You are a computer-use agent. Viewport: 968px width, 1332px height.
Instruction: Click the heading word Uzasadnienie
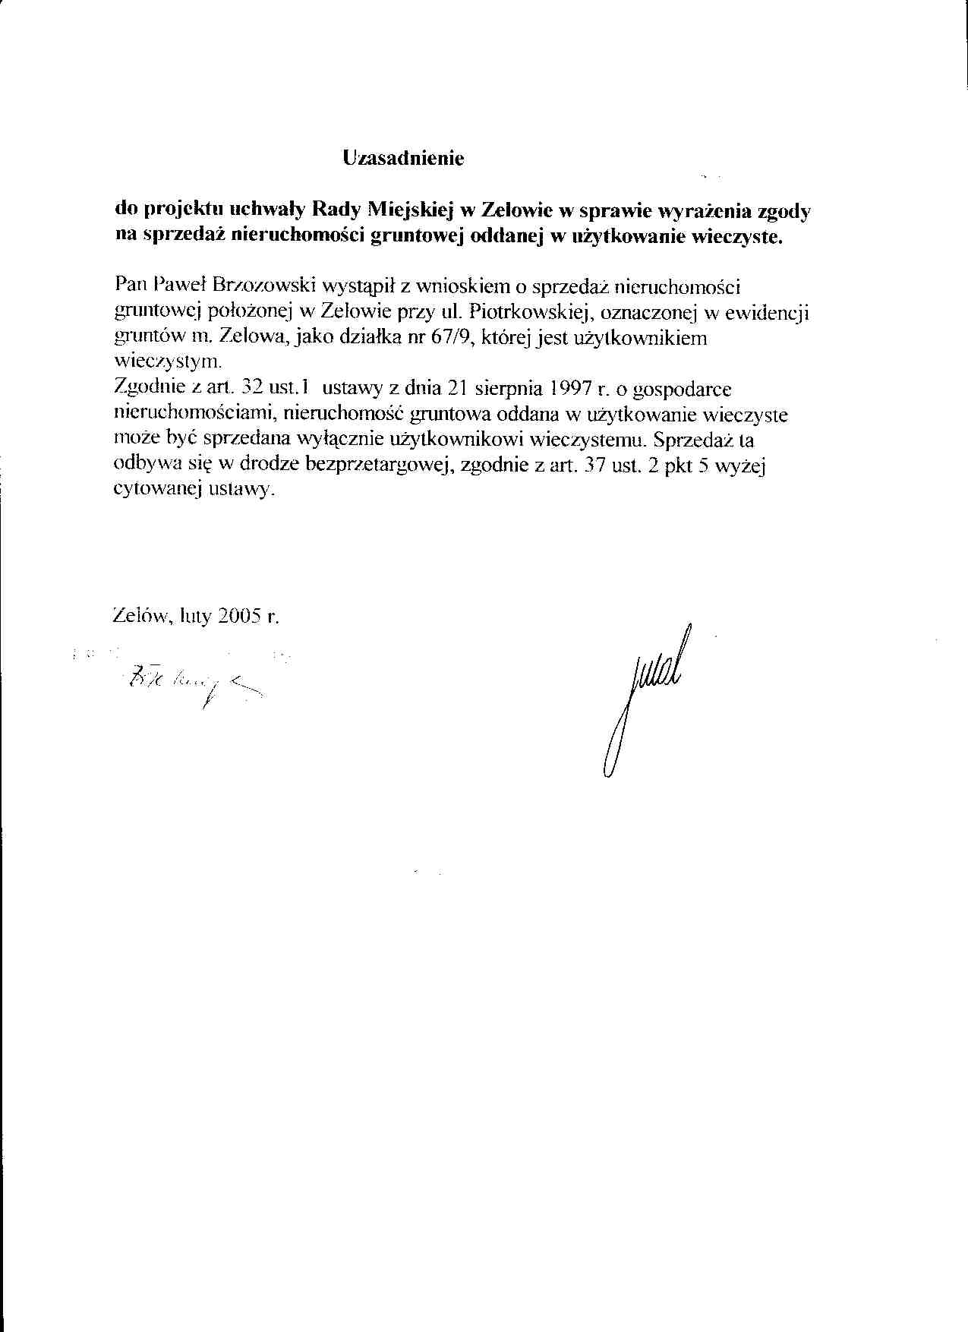click(402, 159)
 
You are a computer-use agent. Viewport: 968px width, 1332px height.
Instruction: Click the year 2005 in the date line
click(240, 617)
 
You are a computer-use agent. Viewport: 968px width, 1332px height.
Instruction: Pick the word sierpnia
click(504, 390)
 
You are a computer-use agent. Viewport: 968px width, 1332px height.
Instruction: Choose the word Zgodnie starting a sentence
click(149, 390)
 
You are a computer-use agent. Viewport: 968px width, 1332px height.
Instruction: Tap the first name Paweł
click(176, 286)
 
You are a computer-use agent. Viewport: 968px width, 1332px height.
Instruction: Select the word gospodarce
click(682, 390)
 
